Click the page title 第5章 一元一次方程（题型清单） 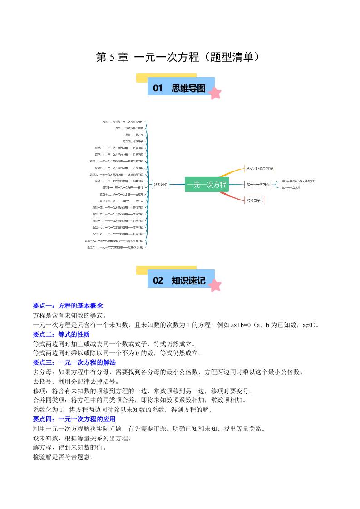(x=180, y=57)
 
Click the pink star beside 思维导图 (x=215, y=93)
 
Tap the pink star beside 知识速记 (x=215, y=285)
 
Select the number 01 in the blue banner (x=158, y=88)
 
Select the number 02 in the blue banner (x=158, y=280)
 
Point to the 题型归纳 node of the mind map (x=160, y=184)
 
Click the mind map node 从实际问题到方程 (x=259, y=168)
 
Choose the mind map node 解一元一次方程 (x=257, y=184)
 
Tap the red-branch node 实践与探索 (x=255, y=200)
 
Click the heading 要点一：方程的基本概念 (x=68, y=306)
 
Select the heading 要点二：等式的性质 (x=61, y=334)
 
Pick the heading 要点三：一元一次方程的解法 (x=74, y=362)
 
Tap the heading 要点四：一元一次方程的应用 (x=74, y=419)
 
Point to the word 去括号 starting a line (x=42, y=382)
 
